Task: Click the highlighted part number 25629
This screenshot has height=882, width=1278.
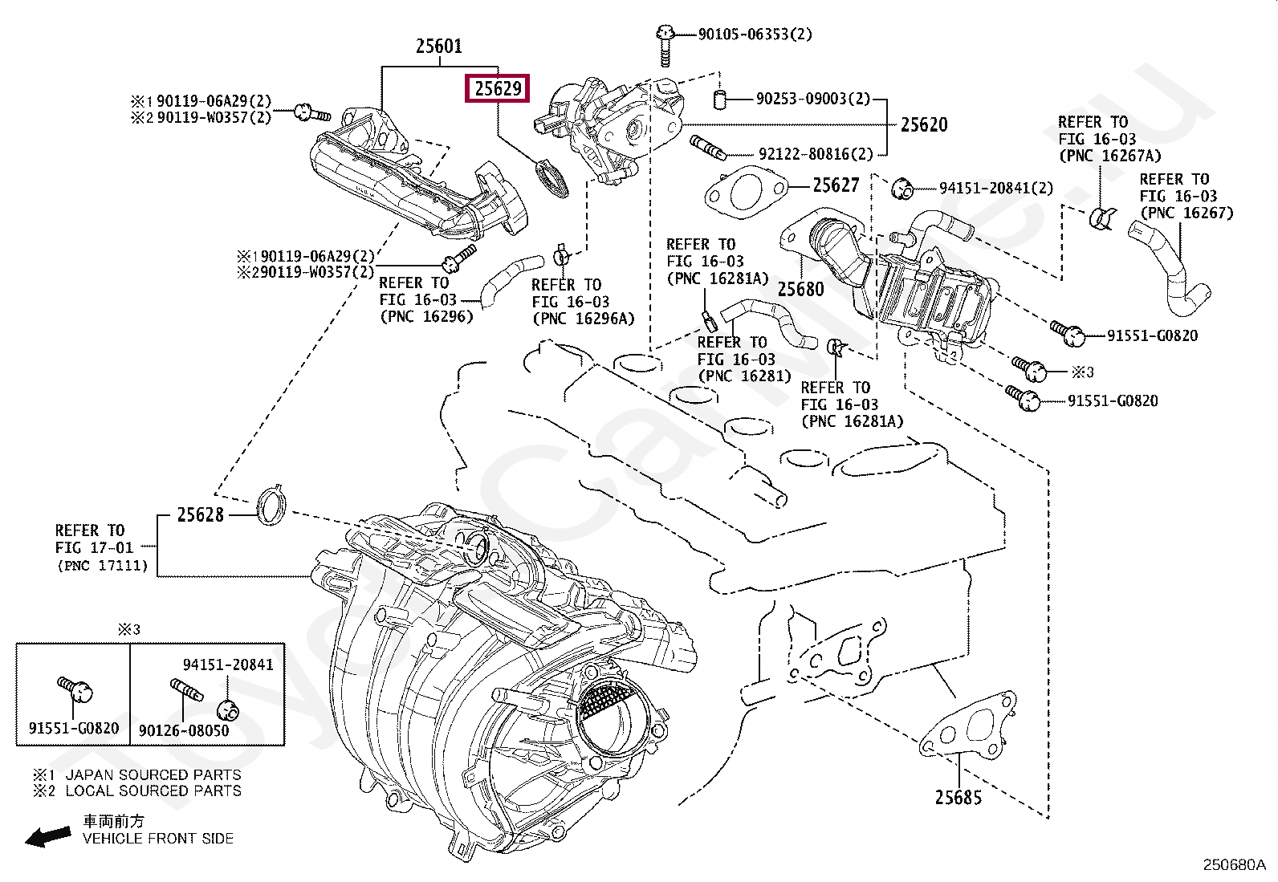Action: tap(498, 88)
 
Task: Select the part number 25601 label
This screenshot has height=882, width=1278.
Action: tap(439, 46)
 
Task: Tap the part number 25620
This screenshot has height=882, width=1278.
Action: tap(924, 124)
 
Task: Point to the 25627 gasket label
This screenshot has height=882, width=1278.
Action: tap(836, 185)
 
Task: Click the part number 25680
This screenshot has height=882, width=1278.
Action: tap(800, 289)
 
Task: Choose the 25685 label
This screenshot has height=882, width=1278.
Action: tap(958, 797)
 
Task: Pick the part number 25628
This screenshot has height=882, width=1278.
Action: tap(200, 514)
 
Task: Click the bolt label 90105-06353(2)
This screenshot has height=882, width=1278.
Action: tap(755, 35)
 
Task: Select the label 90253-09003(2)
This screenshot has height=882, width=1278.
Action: tap(813, 99)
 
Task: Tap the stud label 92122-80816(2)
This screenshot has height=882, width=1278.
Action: tap(816, 154)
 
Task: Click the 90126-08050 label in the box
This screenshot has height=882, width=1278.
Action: tap(184, 731)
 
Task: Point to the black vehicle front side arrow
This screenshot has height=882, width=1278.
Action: tap(48, 835)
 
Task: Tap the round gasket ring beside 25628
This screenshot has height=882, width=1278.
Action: tap(271, 505)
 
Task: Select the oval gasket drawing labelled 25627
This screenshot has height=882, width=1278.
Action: tap(746, 193)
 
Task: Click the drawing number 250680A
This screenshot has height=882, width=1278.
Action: tap(1234, 865)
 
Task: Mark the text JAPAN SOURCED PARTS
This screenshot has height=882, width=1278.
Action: tap(153, 774)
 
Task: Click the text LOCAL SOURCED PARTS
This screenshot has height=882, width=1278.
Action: tap(153, 791)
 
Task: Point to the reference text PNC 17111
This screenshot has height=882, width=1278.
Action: tap(103, 565)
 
